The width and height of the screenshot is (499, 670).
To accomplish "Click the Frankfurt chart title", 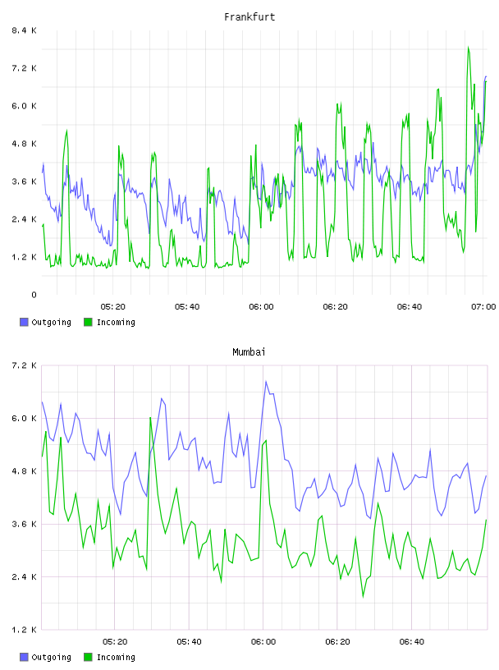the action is [249, 17].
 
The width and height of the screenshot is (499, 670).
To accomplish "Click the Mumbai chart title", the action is [249, 352].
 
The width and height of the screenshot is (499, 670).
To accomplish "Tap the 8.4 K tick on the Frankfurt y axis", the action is [24, 30].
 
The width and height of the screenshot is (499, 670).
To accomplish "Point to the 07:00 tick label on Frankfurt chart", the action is [483, 306].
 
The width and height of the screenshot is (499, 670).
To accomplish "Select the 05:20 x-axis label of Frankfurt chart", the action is [112, 306].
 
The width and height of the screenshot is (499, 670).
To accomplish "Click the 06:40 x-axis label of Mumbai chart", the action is [411, 641].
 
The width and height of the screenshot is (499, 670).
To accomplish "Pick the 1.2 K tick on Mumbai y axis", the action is [24, 630].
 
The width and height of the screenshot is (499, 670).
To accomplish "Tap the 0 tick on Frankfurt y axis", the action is [34, 295].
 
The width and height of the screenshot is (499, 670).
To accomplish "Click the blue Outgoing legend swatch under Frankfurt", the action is [24, 322].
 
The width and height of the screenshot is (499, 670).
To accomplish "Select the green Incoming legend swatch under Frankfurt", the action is [88, 322].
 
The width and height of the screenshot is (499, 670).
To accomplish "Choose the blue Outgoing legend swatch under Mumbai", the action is [24, 657].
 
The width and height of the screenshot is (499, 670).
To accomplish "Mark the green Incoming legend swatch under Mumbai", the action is [88, 657].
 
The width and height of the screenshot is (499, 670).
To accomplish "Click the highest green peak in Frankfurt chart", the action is [469, 47].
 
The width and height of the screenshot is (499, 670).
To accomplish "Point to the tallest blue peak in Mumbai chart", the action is [266, 381].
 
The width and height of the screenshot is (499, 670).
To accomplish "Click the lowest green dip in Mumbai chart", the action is [363, 596].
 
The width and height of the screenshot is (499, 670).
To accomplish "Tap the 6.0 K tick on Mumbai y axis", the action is [24, 418].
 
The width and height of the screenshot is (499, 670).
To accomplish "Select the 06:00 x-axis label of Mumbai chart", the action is [263, 641].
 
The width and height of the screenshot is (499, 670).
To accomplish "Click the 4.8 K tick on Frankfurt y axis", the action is [24, 144].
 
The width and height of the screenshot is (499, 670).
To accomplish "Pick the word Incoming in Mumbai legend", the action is [116, 657].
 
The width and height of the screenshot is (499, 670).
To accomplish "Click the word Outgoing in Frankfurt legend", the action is [51, 322].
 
